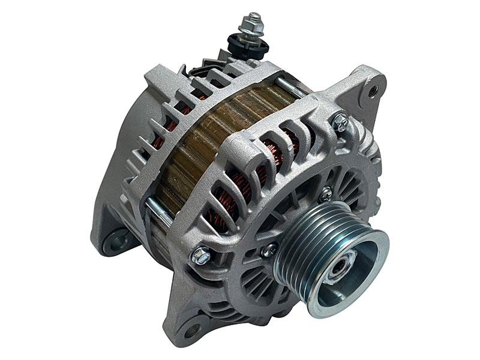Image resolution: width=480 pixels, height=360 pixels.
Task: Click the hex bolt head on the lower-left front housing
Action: click(202, 256)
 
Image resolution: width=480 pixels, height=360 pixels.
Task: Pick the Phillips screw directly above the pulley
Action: click(326, 194)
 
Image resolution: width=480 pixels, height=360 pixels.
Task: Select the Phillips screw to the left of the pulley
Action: click(269, 248)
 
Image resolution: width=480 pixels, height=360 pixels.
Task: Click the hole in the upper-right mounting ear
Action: click(373, 91)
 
